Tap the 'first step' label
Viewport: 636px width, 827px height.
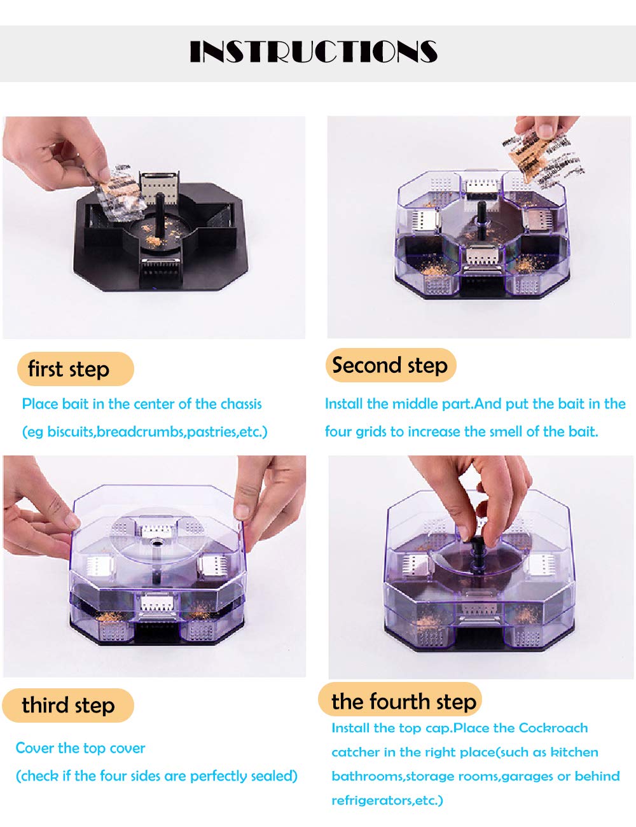(x=69, y=369)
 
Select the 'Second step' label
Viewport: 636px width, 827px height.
(x=390, y=365)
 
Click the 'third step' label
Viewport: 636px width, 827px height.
(x=69, y=705)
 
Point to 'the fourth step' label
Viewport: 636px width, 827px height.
(x=404, y=702)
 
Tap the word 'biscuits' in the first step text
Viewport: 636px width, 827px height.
(x=71, y=431)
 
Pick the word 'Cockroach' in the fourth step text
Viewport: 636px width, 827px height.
(x=553, y=728)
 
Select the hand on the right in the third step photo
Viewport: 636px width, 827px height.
(x=271, y=499)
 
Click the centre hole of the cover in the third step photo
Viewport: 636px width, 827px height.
(x=156, y=543)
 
